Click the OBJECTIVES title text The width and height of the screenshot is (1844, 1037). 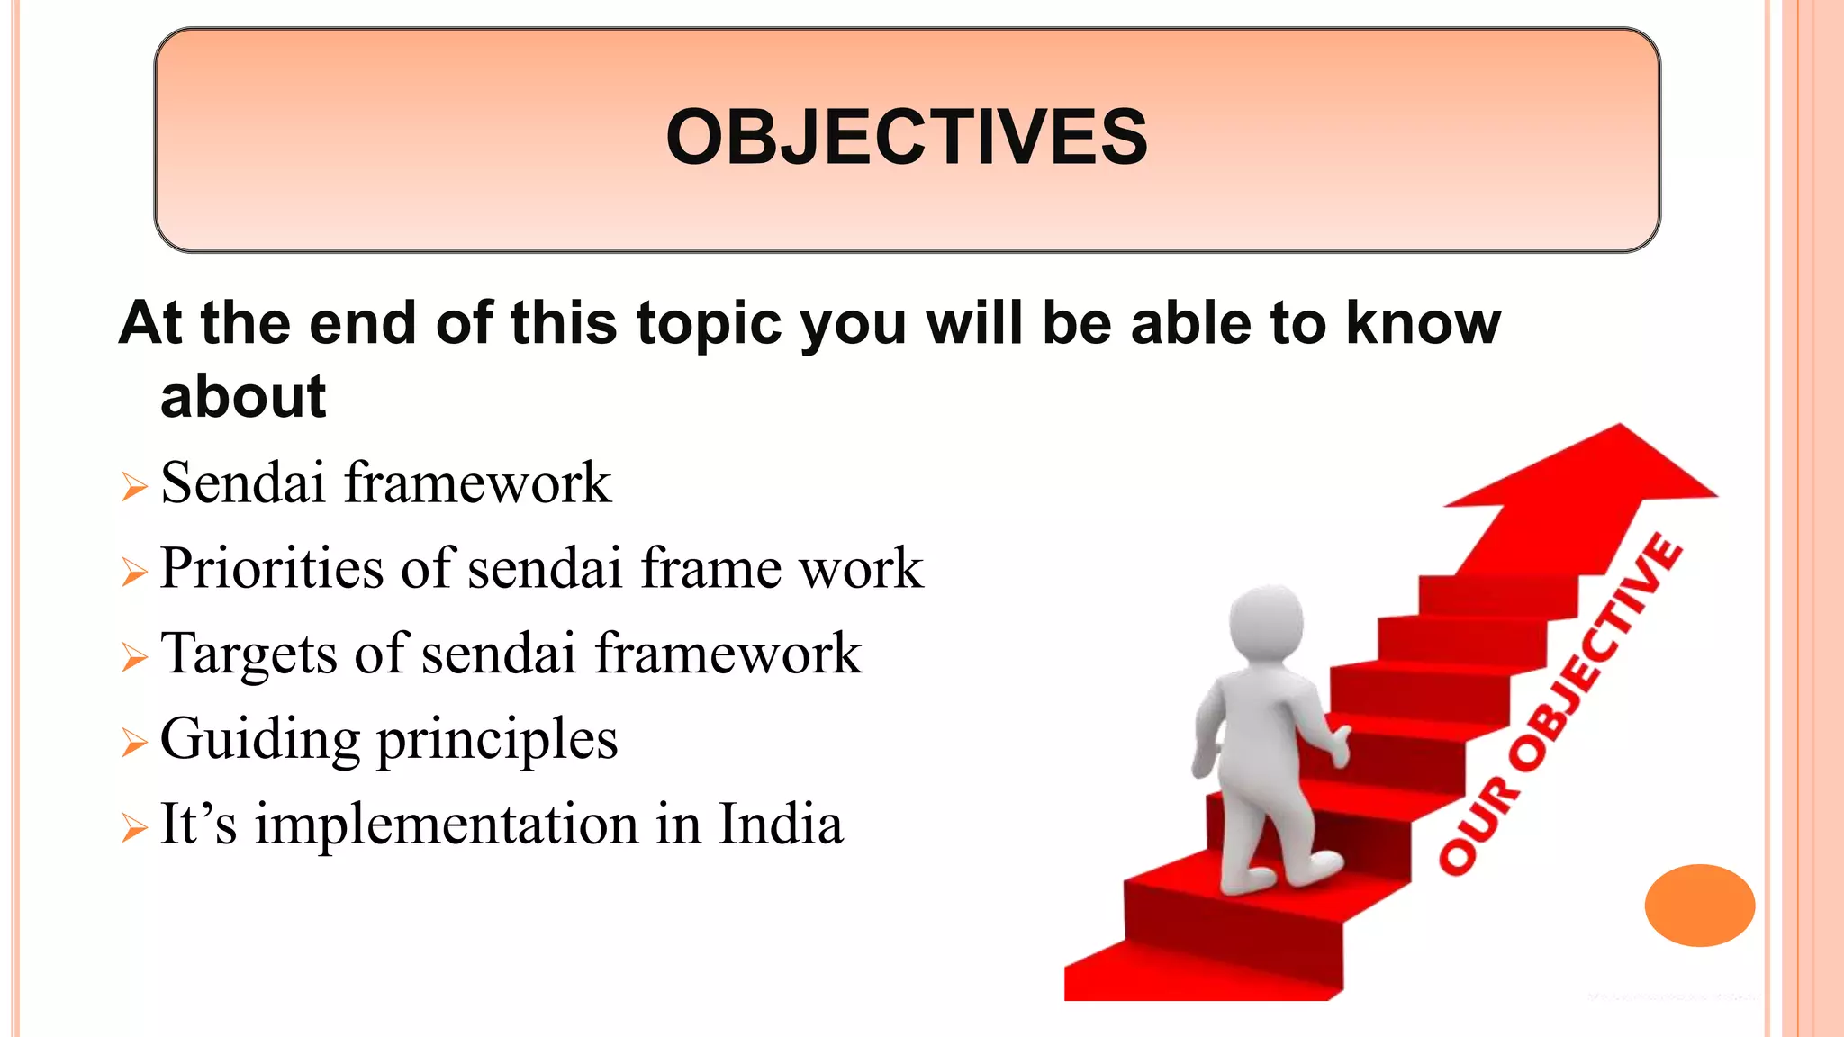[907, 138]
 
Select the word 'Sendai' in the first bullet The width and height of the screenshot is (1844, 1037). [242, 482]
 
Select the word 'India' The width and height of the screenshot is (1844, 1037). [781, 824]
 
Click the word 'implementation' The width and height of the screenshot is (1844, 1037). [447, 825]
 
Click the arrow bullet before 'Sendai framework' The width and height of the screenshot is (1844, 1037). [134, 488]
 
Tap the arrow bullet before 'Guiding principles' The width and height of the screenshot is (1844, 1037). [134, 744]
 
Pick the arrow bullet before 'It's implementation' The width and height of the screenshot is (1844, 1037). [134, 828]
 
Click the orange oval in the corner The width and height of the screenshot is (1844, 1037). [1699, 905]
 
